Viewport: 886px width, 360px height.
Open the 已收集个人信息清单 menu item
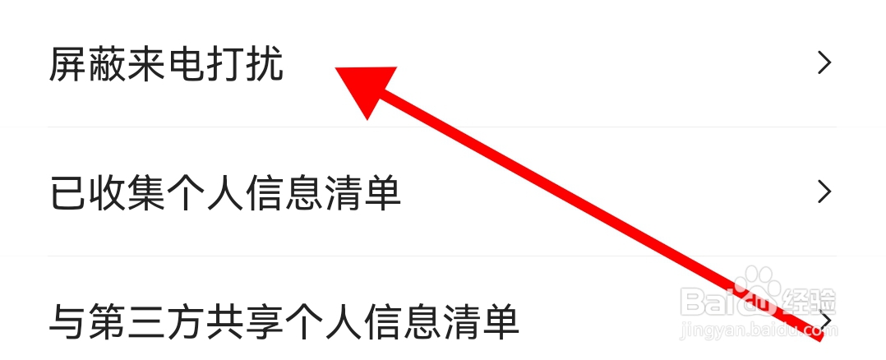(x=225, y=193)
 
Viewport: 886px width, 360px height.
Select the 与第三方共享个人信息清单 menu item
(x=284, y=321)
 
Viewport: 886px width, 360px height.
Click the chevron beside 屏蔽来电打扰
(x=824, y=63)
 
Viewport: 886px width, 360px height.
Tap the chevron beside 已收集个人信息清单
(x=824, y=192)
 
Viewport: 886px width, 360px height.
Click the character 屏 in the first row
(x=67, y=64)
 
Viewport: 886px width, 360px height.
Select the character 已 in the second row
(x=67, y=193)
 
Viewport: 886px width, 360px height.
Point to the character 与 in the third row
(x=67, y=321)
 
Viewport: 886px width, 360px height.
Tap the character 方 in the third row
(x=186, y=321)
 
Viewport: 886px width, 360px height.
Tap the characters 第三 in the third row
(x=127, y=321)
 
